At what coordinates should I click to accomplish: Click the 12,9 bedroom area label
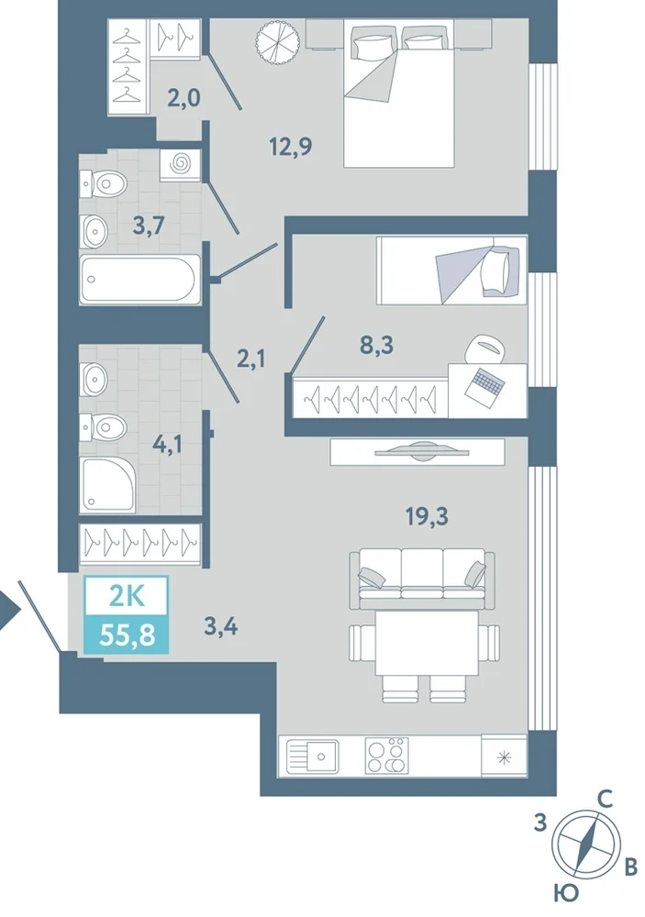point(290,146)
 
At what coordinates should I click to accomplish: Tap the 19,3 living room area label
point(427,516)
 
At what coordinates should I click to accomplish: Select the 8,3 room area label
point(376,345)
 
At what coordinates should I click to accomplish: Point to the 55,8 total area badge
point(127,634)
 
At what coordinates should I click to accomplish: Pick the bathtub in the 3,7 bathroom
point(140,279)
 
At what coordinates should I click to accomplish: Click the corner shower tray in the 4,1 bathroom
point(109,483)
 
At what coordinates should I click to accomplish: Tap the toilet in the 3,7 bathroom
point(104,184)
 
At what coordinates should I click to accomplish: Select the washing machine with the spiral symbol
point(180,164)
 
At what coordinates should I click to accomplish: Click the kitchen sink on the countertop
point(312,757)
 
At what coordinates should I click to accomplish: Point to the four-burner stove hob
point(386,756)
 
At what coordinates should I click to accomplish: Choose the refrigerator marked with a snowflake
point(504,758)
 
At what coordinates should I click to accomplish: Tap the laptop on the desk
point(484,383)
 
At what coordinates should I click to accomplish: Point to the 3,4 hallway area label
point(220,626)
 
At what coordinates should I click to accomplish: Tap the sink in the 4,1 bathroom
point(95,379)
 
